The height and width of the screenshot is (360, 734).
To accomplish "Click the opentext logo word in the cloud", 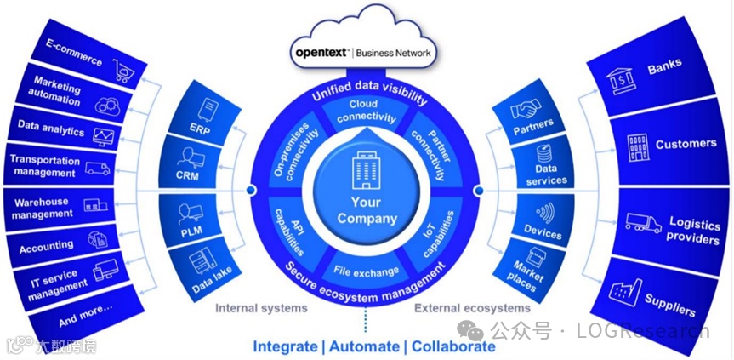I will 321,52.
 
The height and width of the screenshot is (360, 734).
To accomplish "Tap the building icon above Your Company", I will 366,174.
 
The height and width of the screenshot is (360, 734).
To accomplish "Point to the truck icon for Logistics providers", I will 644,223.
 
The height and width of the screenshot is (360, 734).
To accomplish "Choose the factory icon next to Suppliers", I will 625,291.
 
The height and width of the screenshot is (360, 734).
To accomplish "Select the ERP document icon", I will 208,110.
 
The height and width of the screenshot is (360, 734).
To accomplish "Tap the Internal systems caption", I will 261,308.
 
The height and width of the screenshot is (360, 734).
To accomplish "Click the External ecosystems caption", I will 472,308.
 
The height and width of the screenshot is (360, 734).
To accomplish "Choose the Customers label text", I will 686,144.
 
